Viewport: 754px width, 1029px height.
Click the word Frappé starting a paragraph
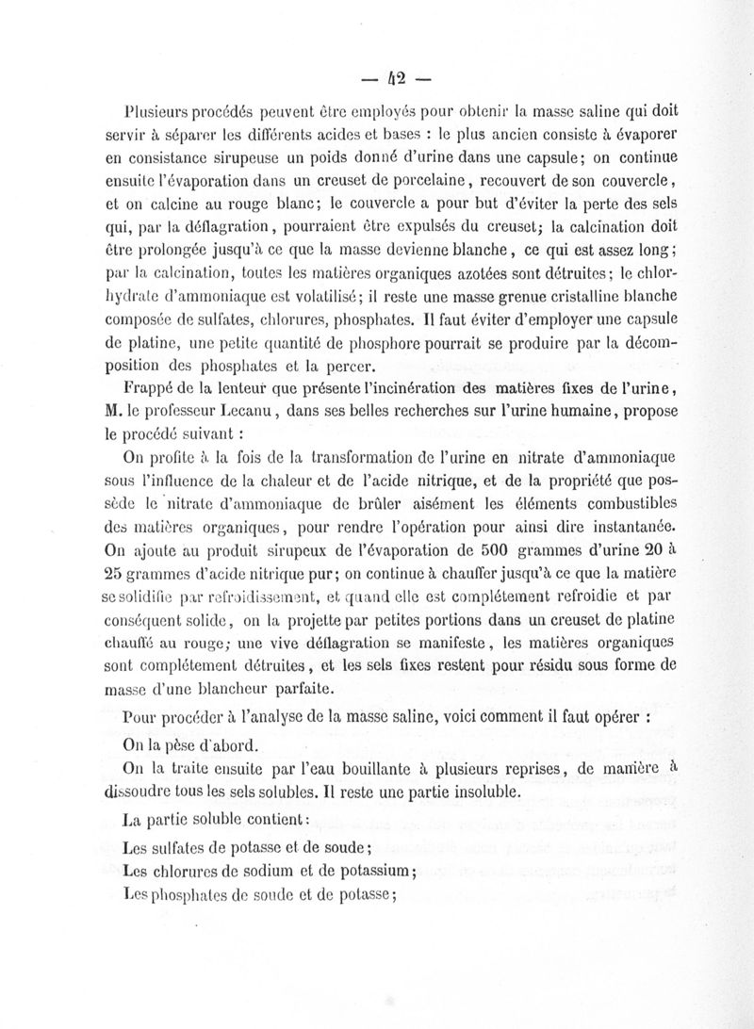151,386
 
